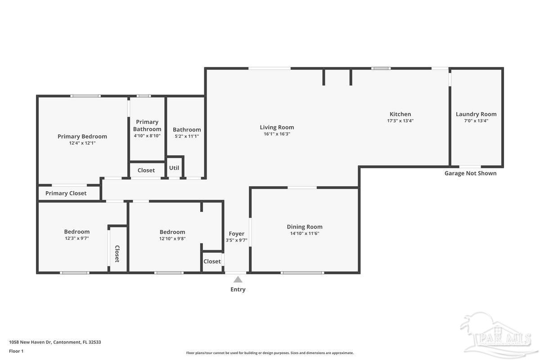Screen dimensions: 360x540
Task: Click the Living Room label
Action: tap(277, 127)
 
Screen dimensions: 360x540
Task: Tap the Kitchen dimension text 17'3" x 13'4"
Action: tap(400, 121)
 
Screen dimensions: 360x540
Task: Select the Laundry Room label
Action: tap(476, 114)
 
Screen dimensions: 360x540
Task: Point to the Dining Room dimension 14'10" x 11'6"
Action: tap(305, 234)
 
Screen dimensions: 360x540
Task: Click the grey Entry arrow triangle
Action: tap(238, 279)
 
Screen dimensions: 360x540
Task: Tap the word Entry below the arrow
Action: tap(238, 289)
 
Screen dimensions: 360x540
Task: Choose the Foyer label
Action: tap(236, 234)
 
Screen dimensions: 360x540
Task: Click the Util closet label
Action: tap(174, 168)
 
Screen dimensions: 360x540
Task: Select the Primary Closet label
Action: tap(66, 193)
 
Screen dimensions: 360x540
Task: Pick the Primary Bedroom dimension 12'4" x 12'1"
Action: tap(82, 143)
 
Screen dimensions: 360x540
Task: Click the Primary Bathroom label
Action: tap(147, 125)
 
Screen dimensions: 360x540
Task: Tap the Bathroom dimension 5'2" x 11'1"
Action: tap(187, 136)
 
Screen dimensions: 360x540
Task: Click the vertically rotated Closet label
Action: tap(117, 254)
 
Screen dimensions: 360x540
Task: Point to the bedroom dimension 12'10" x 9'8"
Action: tap(172, 238)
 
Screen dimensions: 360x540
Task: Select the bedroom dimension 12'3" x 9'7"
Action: tap(76, 238)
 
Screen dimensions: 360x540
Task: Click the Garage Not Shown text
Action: tap(470, 173)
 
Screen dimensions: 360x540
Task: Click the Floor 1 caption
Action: tap(16, 351)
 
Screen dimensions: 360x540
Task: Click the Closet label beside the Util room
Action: tap(146, 170)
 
